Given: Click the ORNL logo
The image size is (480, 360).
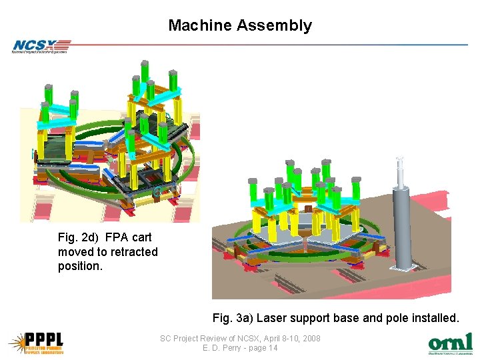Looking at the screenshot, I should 450,343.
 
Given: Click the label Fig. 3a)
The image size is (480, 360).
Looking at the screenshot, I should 233,318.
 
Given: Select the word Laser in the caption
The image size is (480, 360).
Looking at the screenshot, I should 271,318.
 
